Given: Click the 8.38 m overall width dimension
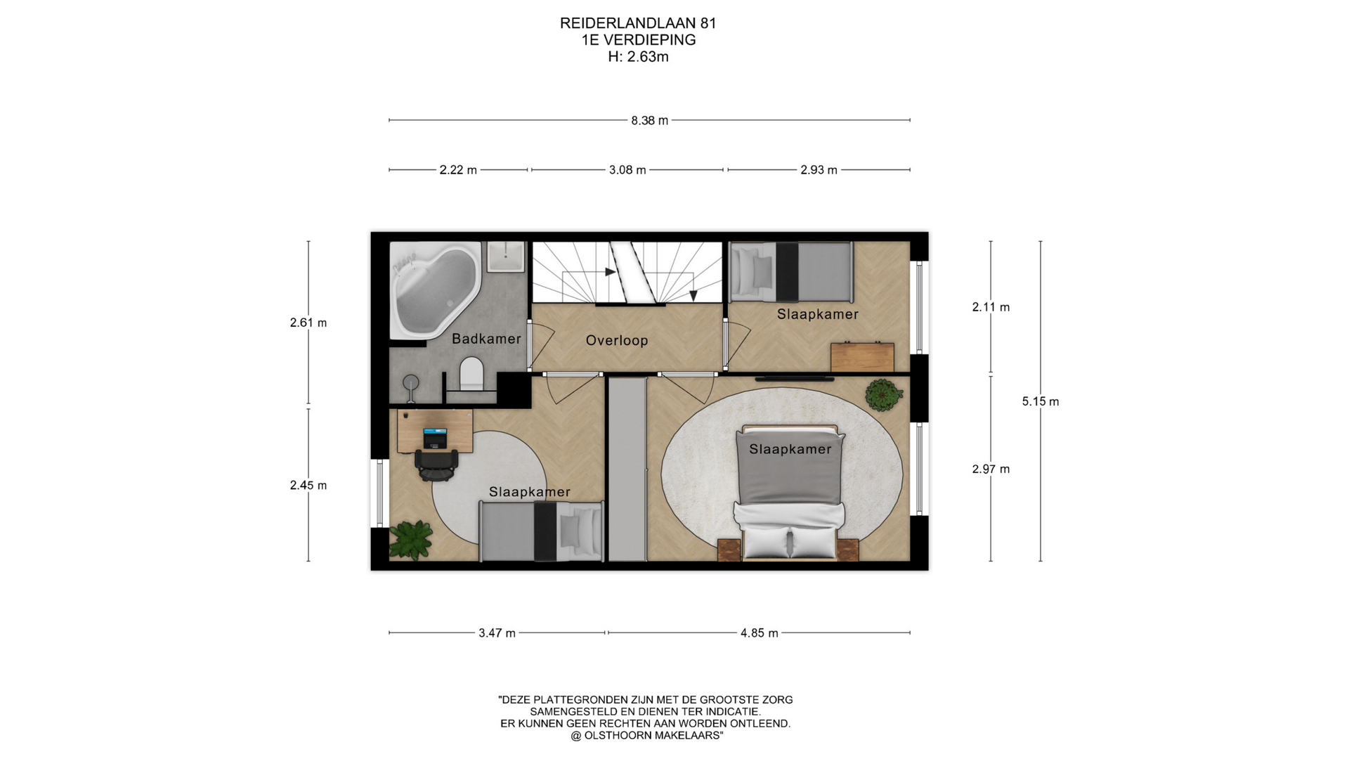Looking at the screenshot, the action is [649, 120].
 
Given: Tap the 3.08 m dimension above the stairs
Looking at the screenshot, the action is [627, 169].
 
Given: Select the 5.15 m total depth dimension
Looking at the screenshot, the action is [1041, 401].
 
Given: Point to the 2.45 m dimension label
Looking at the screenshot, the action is [308, 485].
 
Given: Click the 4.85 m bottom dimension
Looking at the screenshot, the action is [760, 632].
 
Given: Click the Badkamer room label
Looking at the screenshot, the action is [486, 339].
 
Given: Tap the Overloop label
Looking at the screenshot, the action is [617, 340].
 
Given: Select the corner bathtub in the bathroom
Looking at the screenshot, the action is [436, 290].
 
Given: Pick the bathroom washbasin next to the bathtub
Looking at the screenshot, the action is [505, 257].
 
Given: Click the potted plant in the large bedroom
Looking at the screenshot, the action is [883, 394].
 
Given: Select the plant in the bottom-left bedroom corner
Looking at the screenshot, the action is [411, 540].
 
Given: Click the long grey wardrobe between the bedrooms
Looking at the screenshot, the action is [627, 469].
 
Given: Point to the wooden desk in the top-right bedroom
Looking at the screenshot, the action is [862, 357].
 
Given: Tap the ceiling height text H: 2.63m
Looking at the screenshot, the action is [638, 57].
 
